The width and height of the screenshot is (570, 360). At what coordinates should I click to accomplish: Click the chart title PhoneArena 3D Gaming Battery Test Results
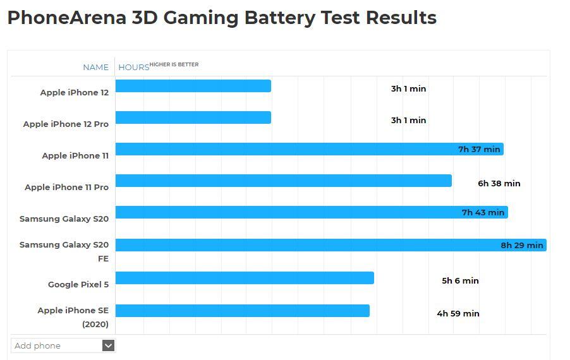(x=222, y=18)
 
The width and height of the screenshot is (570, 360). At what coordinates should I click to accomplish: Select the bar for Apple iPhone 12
(x=193, y=86)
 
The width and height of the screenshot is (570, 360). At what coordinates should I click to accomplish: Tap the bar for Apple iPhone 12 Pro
(x=193, y=117)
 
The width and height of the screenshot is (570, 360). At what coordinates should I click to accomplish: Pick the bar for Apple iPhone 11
(x=284, y=149)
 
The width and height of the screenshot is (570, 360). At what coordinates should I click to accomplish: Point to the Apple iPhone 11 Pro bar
(x=283, y=181)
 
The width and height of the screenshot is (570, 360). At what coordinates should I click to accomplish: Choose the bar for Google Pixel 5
(x=245, y=278)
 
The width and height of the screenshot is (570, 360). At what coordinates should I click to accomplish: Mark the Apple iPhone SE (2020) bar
(x=242, y=311)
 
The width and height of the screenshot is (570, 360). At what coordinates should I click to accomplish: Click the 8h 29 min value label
(x=522, y=245)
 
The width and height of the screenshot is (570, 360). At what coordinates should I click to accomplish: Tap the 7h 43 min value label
(x=483, y=212)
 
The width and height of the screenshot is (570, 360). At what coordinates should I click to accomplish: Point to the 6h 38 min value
(x=499, y=183)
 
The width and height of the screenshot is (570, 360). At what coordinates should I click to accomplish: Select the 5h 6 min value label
(x=460, y=280)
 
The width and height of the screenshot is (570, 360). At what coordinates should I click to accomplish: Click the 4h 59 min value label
(x=458, y=313)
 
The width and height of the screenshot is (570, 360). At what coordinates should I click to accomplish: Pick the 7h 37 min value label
(x=479, y=149)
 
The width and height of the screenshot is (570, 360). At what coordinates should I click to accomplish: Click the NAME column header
(x=95, y=67)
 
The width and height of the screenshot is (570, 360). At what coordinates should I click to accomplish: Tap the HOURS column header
(x=133, y=67)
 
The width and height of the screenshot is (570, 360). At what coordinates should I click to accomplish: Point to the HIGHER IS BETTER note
(x=174, y=64)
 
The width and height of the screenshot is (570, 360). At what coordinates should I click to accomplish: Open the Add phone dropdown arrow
(x=108, y=345)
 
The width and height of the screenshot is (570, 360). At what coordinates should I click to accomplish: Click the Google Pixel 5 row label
(x=78, y=284)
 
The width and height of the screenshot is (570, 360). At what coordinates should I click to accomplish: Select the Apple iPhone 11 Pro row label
(x=66, y=187)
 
